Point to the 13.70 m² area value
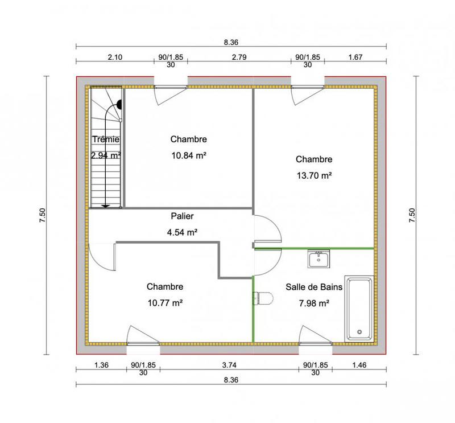[x=314, y=175]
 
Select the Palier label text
[x=182, y=216]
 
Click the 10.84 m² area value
[x=188, y=154]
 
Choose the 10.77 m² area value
[x=164, y=303]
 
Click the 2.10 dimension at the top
[x=115, y=57]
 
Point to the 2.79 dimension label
[x=239, y=57]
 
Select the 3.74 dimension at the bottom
[x=229, y=365]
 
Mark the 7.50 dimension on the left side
[x=43, y=215]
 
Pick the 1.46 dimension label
[x=358, y=365]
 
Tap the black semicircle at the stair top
[x=121, y=104]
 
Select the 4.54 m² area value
[x=182, y=232]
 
